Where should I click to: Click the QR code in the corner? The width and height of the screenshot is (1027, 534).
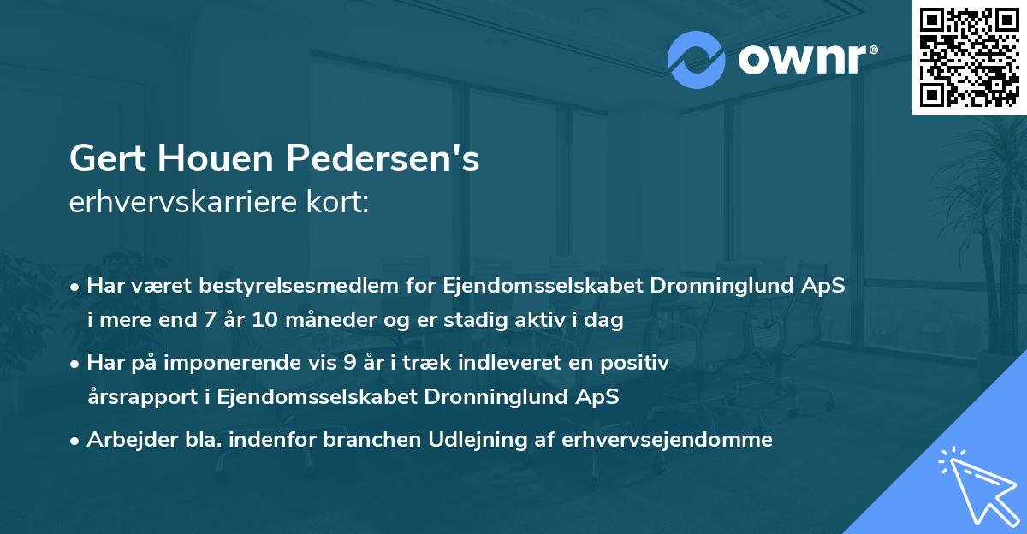pos(969,56)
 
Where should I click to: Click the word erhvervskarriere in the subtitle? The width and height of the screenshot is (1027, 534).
pos(181,203)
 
